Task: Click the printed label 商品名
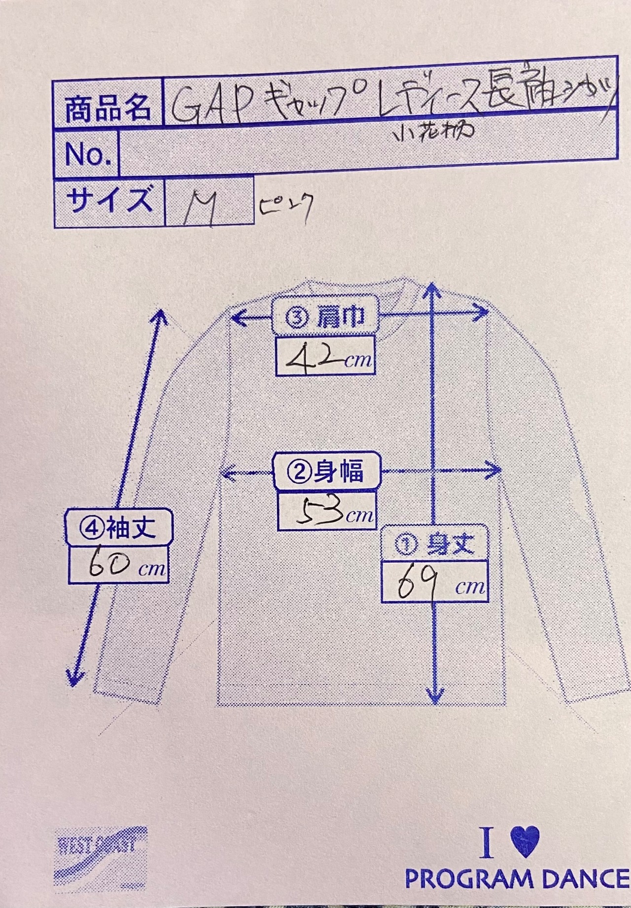point(108,108)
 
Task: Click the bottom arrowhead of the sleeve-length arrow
point(74,678)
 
